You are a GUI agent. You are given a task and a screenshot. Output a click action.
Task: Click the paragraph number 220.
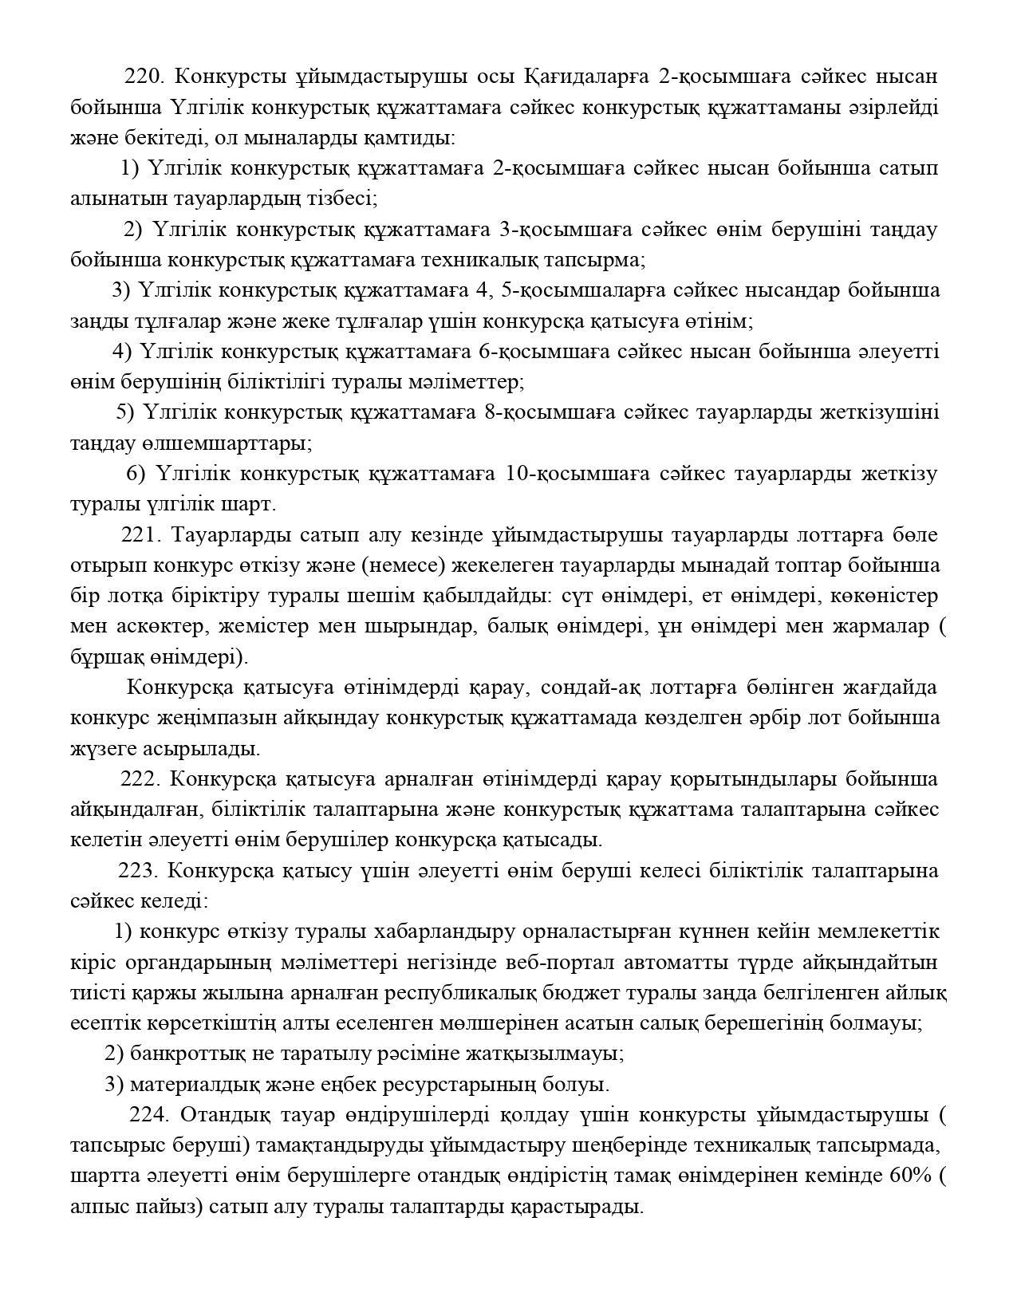(144, 77)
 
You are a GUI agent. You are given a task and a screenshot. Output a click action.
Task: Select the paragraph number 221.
(141, 534)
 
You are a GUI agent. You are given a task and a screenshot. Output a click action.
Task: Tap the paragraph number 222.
(140, 778)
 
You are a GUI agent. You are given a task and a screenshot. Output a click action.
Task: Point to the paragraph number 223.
(139, 870)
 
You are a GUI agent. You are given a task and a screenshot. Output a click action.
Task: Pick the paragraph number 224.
(149, 1114)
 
